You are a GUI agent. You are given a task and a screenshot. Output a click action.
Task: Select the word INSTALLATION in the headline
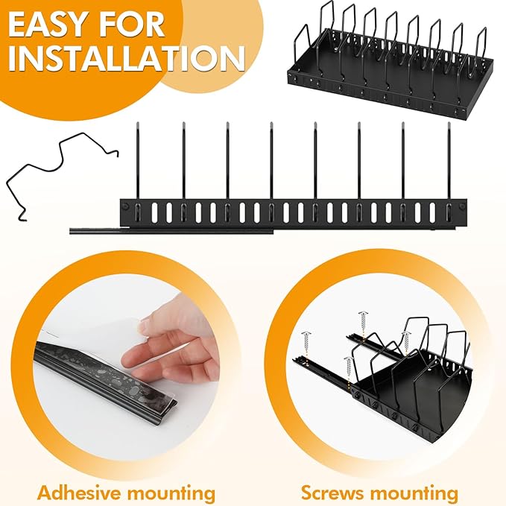pos(127,59)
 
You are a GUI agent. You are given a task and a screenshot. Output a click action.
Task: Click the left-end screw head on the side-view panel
pos(125,206)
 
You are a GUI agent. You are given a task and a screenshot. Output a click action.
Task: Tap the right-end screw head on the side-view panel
pos(462,206)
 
